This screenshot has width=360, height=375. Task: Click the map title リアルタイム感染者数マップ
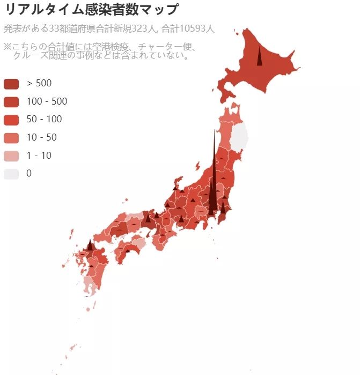[91, 9]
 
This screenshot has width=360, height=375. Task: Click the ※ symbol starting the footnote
[8, 46]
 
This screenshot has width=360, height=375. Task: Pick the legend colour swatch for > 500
[11, 83]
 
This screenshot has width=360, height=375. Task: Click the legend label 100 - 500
[47, 101]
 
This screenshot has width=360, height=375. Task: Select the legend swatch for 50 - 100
[11, 119]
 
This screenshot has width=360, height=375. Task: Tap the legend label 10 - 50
[41, 137]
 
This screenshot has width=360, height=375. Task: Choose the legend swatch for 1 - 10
[11, 156]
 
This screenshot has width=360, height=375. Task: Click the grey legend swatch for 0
[11, 174]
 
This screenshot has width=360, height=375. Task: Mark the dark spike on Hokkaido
[259, 57]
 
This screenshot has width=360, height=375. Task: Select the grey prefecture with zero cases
[239, 136]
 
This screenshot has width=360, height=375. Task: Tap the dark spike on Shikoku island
[128, 249]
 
